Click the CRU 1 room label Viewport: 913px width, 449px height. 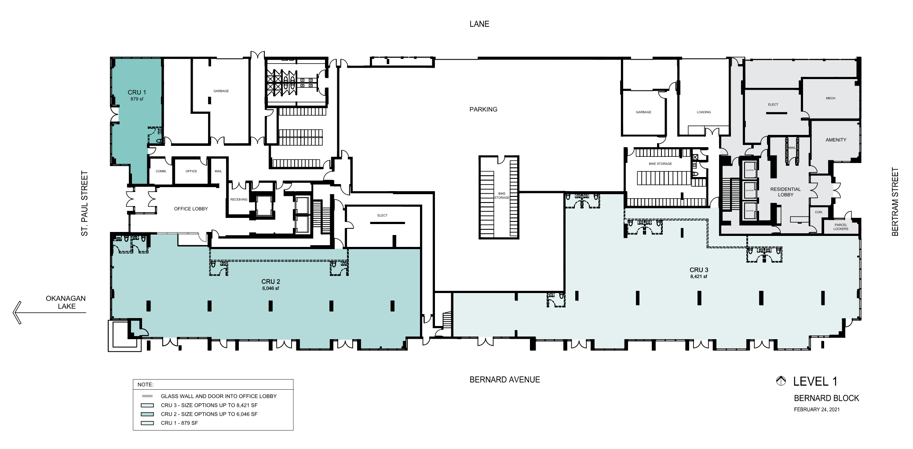click(x=137, y=92)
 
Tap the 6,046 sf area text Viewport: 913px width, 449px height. click(x=270, y=289)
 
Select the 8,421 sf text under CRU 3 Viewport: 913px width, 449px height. click(x=698, y=277)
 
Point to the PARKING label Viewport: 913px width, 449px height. click(x=483, y=109)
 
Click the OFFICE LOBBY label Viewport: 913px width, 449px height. click(x=191, y=209)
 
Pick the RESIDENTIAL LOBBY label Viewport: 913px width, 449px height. click(x=785, y=192)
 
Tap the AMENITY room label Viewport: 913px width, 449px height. click(x=836, y=140)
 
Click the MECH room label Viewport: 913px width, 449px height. click(x=830, y=98)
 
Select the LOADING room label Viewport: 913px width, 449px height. click(x=704, y=112)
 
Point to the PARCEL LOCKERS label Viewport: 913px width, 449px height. click(x=840, y=227)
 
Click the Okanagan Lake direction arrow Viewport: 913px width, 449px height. click(x=18, y=312)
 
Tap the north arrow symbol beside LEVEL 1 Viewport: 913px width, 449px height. click(x=781, y=381)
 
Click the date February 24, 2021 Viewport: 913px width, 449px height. click(x=817, y=409)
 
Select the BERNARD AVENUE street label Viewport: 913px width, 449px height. click(x=504, y=380)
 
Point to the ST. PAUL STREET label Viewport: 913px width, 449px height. click(x=84, y=203)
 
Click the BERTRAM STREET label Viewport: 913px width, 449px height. click(x=895, y=202)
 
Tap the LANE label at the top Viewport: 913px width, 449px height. click(x=479, y=24)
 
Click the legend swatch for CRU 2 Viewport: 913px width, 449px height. click(x=148, y=414)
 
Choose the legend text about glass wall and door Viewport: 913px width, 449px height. click(x=219, y=396)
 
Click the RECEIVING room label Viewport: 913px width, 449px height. click(x=239, y=199)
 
